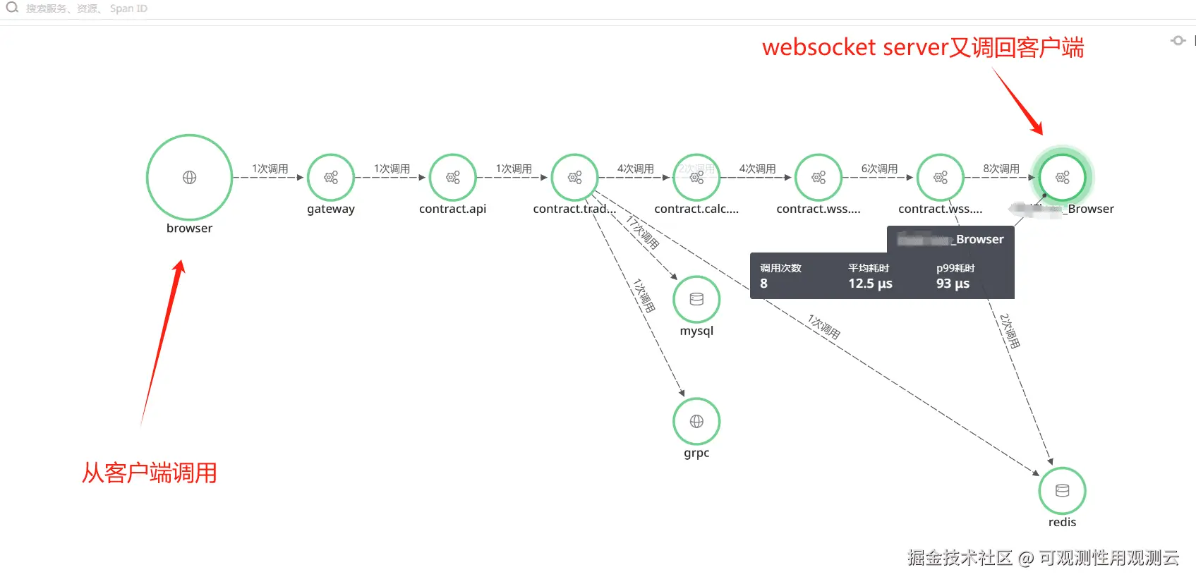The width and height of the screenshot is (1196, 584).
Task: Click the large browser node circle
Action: (189, 177)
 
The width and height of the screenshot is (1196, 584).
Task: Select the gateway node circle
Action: (330, 177)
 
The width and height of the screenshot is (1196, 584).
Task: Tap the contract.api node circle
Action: (452, 177)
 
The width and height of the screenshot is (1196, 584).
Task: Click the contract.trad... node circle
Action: (574, 177)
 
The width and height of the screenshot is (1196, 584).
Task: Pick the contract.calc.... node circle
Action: (696, 177)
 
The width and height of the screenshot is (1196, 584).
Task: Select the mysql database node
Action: (696, 299)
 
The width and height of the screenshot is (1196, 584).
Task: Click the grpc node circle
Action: (696, 421)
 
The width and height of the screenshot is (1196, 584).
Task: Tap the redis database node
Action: (1062, 490)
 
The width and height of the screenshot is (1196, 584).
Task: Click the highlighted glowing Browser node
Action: (1062, 177)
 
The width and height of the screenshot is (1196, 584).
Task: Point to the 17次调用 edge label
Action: (642, 233)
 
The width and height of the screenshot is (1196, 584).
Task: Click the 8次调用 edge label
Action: (1001, 169)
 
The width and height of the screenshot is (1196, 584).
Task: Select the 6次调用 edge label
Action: (879, 169)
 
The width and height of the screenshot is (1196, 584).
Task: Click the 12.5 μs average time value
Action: (870, 284)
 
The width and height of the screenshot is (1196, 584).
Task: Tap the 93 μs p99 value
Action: (953, 284)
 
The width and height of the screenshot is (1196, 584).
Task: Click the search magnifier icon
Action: (12, 8)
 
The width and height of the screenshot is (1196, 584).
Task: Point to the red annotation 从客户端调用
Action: (149, 473)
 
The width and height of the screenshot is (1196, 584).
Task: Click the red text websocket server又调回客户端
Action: (922, 47)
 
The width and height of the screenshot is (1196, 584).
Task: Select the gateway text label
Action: (330, 209)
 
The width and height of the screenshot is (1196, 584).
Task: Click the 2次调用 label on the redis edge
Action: (1010, 331)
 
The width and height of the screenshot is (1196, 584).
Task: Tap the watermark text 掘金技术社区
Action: (960, 558)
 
